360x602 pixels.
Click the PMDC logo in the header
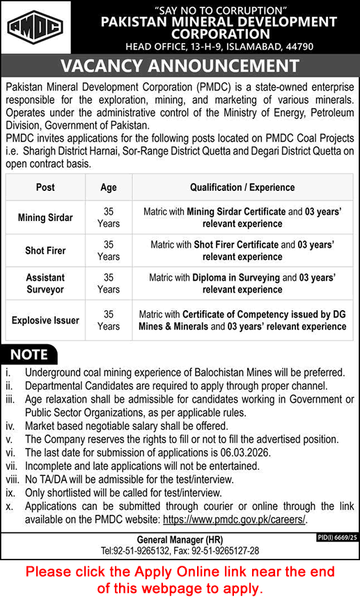point(35,27)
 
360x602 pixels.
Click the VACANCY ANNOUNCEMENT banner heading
point(180,66)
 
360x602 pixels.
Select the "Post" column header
point(45,187)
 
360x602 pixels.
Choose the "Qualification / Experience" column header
point(242,187)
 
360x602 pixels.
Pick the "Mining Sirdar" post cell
point(45,217)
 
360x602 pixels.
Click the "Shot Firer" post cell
point(45,249)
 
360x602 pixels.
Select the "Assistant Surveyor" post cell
point(45,283)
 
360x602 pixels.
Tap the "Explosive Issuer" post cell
point(45,321)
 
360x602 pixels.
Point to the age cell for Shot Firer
point(109,250)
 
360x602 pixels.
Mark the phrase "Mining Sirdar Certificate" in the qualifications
point(237,212)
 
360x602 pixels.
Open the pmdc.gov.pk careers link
point(234,520)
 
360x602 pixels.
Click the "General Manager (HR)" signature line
point(180,541)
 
